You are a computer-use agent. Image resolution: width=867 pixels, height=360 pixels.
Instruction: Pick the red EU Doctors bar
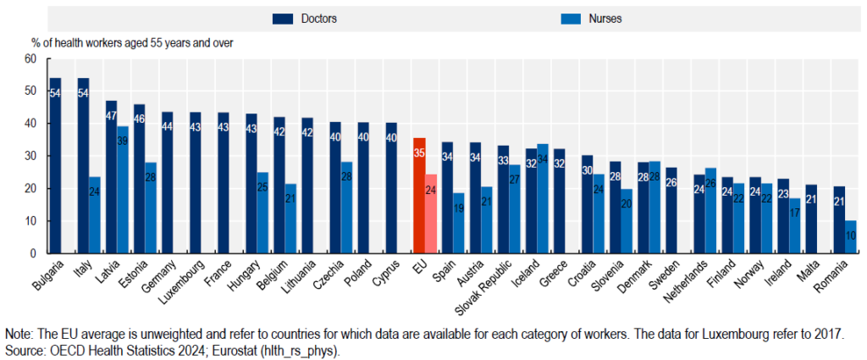tap(419, 196)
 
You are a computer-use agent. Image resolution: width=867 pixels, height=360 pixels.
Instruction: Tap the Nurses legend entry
tap(585, 18)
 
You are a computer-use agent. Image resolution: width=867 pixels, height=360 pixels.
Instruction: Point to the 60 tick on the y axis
tap(31, 59)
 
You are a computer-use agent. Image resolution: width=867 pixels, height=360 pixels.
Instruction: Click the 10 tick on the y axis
tap(31, 221)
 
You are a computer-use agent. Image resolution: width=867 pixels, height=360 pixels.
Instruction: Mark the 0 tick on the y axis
tap(34, 253)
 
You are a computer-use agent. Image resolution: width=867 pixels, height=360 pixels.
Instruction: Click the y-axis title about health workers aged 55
tap(132, 42)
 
